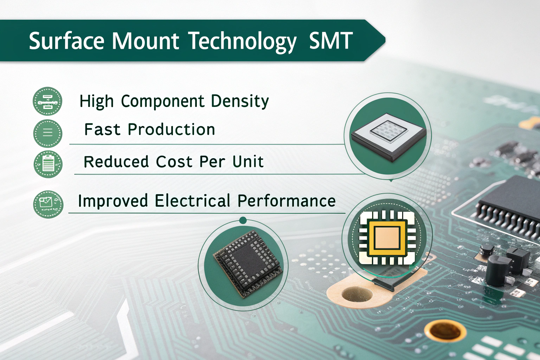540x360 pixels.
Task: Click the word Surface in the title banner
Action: pos(66,41)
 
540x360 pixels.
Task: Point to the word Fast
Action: pos(102,129)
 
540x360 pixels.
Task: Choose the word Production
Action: pos(171,129)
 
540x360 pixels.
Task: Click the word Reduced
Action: pos(116,161)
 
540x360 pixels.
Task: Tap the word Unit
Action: pos(248,161)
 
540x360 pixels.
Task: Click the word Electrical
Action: pos(192,201)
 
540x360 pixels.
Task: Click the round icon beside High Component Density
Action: pos(47,101)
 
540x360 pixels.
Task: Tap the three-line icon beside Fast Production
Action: pos(48,133)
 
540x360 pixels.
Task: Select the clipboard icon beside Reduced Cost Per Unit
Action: pos(48,164)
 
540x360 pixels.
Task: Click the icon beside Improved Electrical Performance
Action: pos(48,204)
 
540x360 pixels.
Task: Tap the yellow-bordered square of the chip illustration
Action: pos(388,239)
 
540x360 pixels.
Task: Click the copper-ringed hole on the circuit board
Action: pos(445,332)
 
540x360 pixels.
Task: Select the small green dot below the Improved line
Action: pos(243,220)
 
